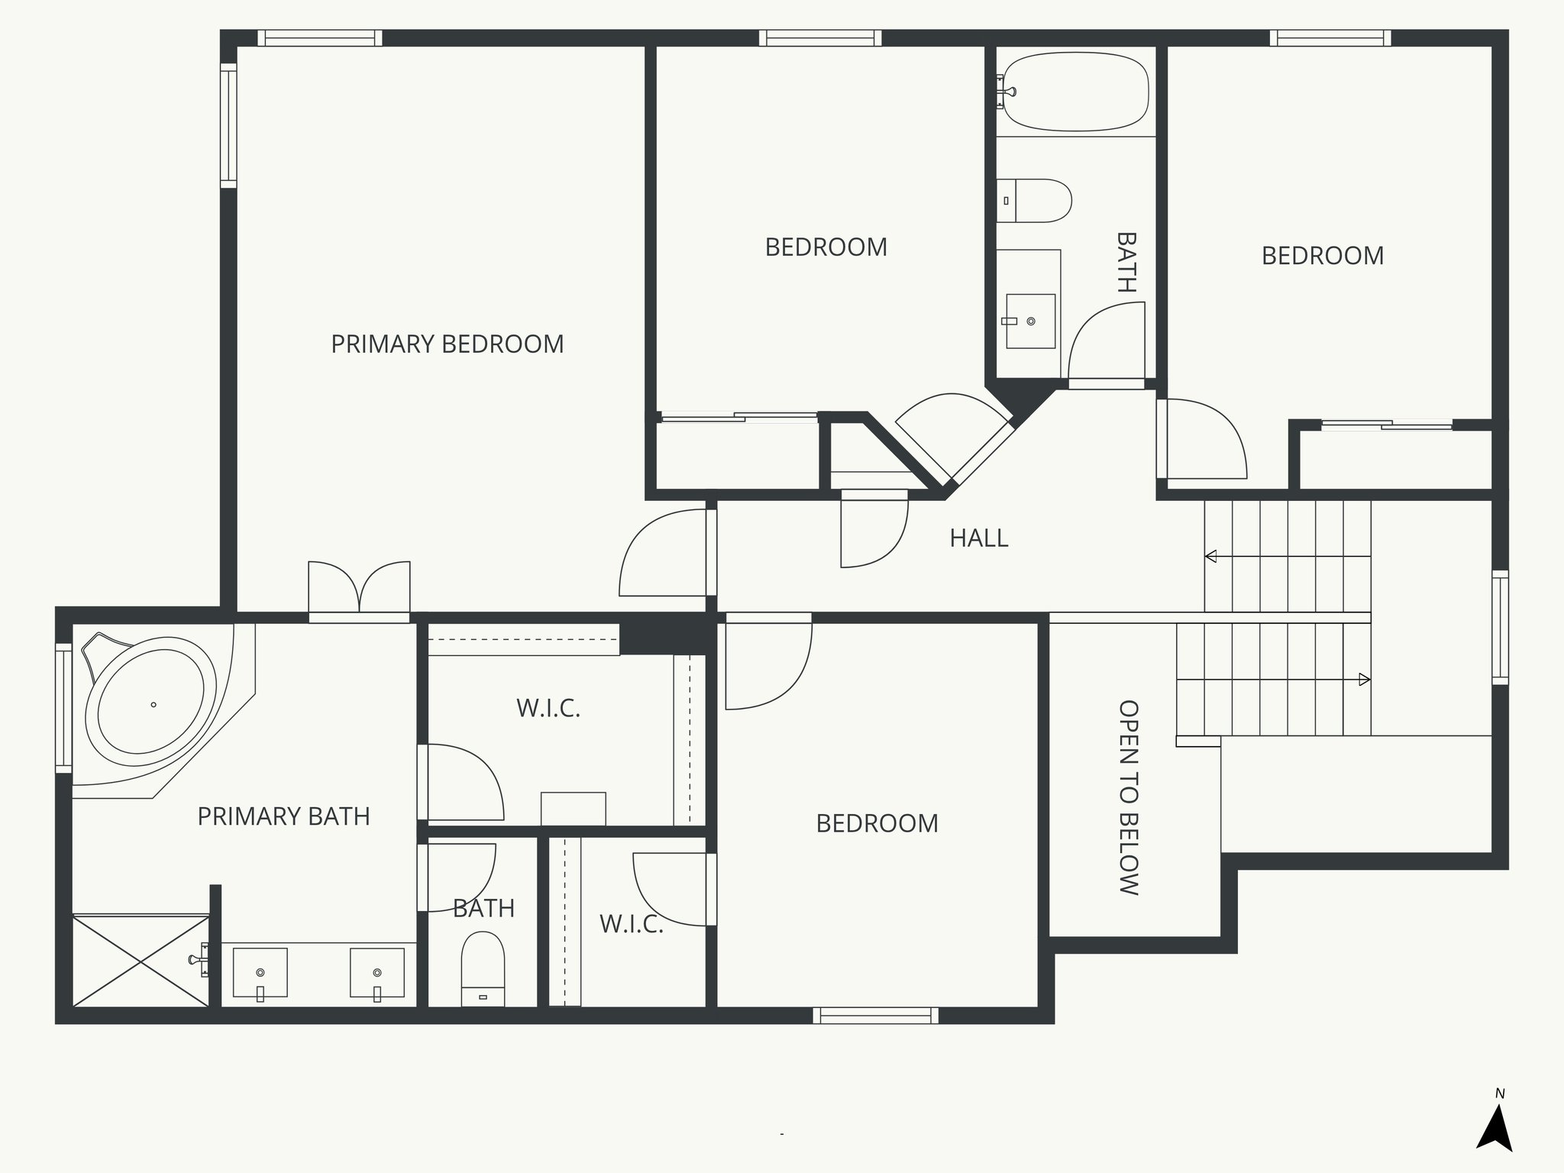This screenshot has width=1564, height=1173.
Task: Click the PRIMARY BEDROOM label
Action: (447, 344)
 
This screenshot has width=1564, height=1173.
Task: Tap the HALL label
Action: (978, 538)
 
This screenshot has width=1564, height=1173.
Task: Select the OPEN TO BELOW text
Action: (1128, 797)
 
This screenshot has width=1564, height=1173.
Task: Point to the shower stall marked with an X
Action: (141, 960)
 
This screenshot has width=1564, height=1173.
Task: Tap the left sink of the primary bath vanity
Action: (260, 973)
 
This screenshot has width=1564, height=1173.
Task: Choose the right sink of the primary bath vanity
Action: (376, 973)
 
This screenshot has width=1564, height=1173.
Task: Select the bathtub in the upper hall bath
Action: (1075, 92)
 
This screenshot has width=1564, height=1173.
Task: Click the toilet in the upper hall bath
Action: (1035, 201)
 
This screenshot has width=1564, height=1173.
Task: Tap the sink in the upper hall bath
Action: (1030, 322)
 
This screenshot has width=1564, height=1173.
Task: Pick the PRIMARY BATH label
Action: (283, 816)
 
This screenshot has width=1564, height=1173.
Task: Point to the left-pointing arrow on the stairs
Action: (1211, 556)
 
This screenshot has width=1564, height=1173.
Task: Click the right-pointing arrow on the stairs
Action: (1364, 679)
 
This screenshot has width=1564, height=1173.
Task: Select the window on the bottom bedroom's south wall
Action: (875, 1016)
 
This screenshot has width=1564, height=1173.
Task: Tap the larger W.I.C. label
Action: (548, 709)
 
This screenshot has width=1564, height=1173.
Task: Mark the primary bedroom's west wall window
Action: (228, 126)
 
